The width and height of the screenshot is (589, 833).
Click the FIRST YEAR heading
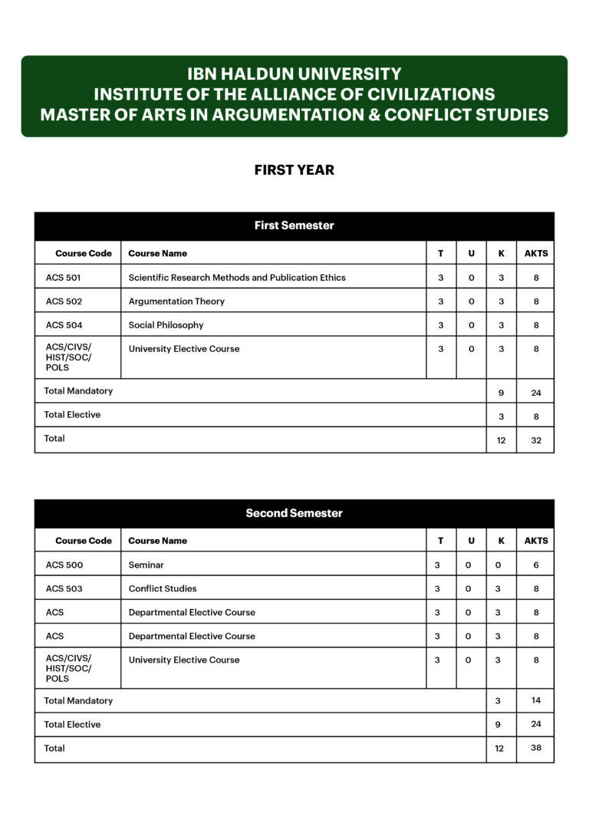coord(294,170)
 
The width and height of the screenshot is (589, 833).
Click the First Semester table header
coord(294,226)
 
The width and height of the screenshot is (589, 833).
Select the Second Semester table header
coord(294,513)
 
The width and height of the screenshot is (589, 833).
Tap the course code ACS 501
coord(63,278)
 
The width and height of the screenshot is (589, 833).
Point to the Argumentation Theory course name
coord(176,301)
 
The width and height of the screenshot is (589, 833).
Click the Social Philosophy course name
coord(166,325)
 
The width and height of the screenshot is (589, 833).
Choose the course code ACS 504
coord(64,325)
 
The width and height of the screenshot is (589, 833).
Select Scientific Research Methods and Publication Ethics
coord(237,278)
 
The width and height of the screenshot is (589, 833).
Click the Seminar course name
coord(146,565)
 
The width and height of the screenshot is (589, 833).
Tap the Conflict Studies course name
coord(163,589)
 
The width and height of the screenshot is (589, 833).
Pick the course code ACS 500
coord(64,565)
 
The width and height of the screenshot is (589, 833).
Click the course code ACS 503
coord(64,589)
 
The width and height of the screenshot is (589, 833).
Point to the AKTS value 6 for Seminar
coord(536,565)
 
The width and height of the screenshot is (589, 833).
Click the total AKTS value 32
coord(536,440)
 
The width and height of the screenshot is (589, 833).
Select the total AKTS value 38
coord(536,748)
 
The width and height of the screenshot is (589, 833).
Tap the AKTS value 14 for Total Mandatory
coord(536,700)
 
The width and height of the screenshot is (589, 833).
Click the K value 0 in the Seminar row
coord(499,565)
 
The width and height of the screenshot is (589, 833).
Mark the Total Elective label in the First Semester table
coord(72,415)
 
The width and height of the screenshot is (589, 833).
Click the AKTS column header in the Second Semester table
coord(536,541)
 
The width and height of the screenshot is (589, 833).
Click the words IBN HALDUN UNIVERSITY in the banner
coord(294,74)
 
